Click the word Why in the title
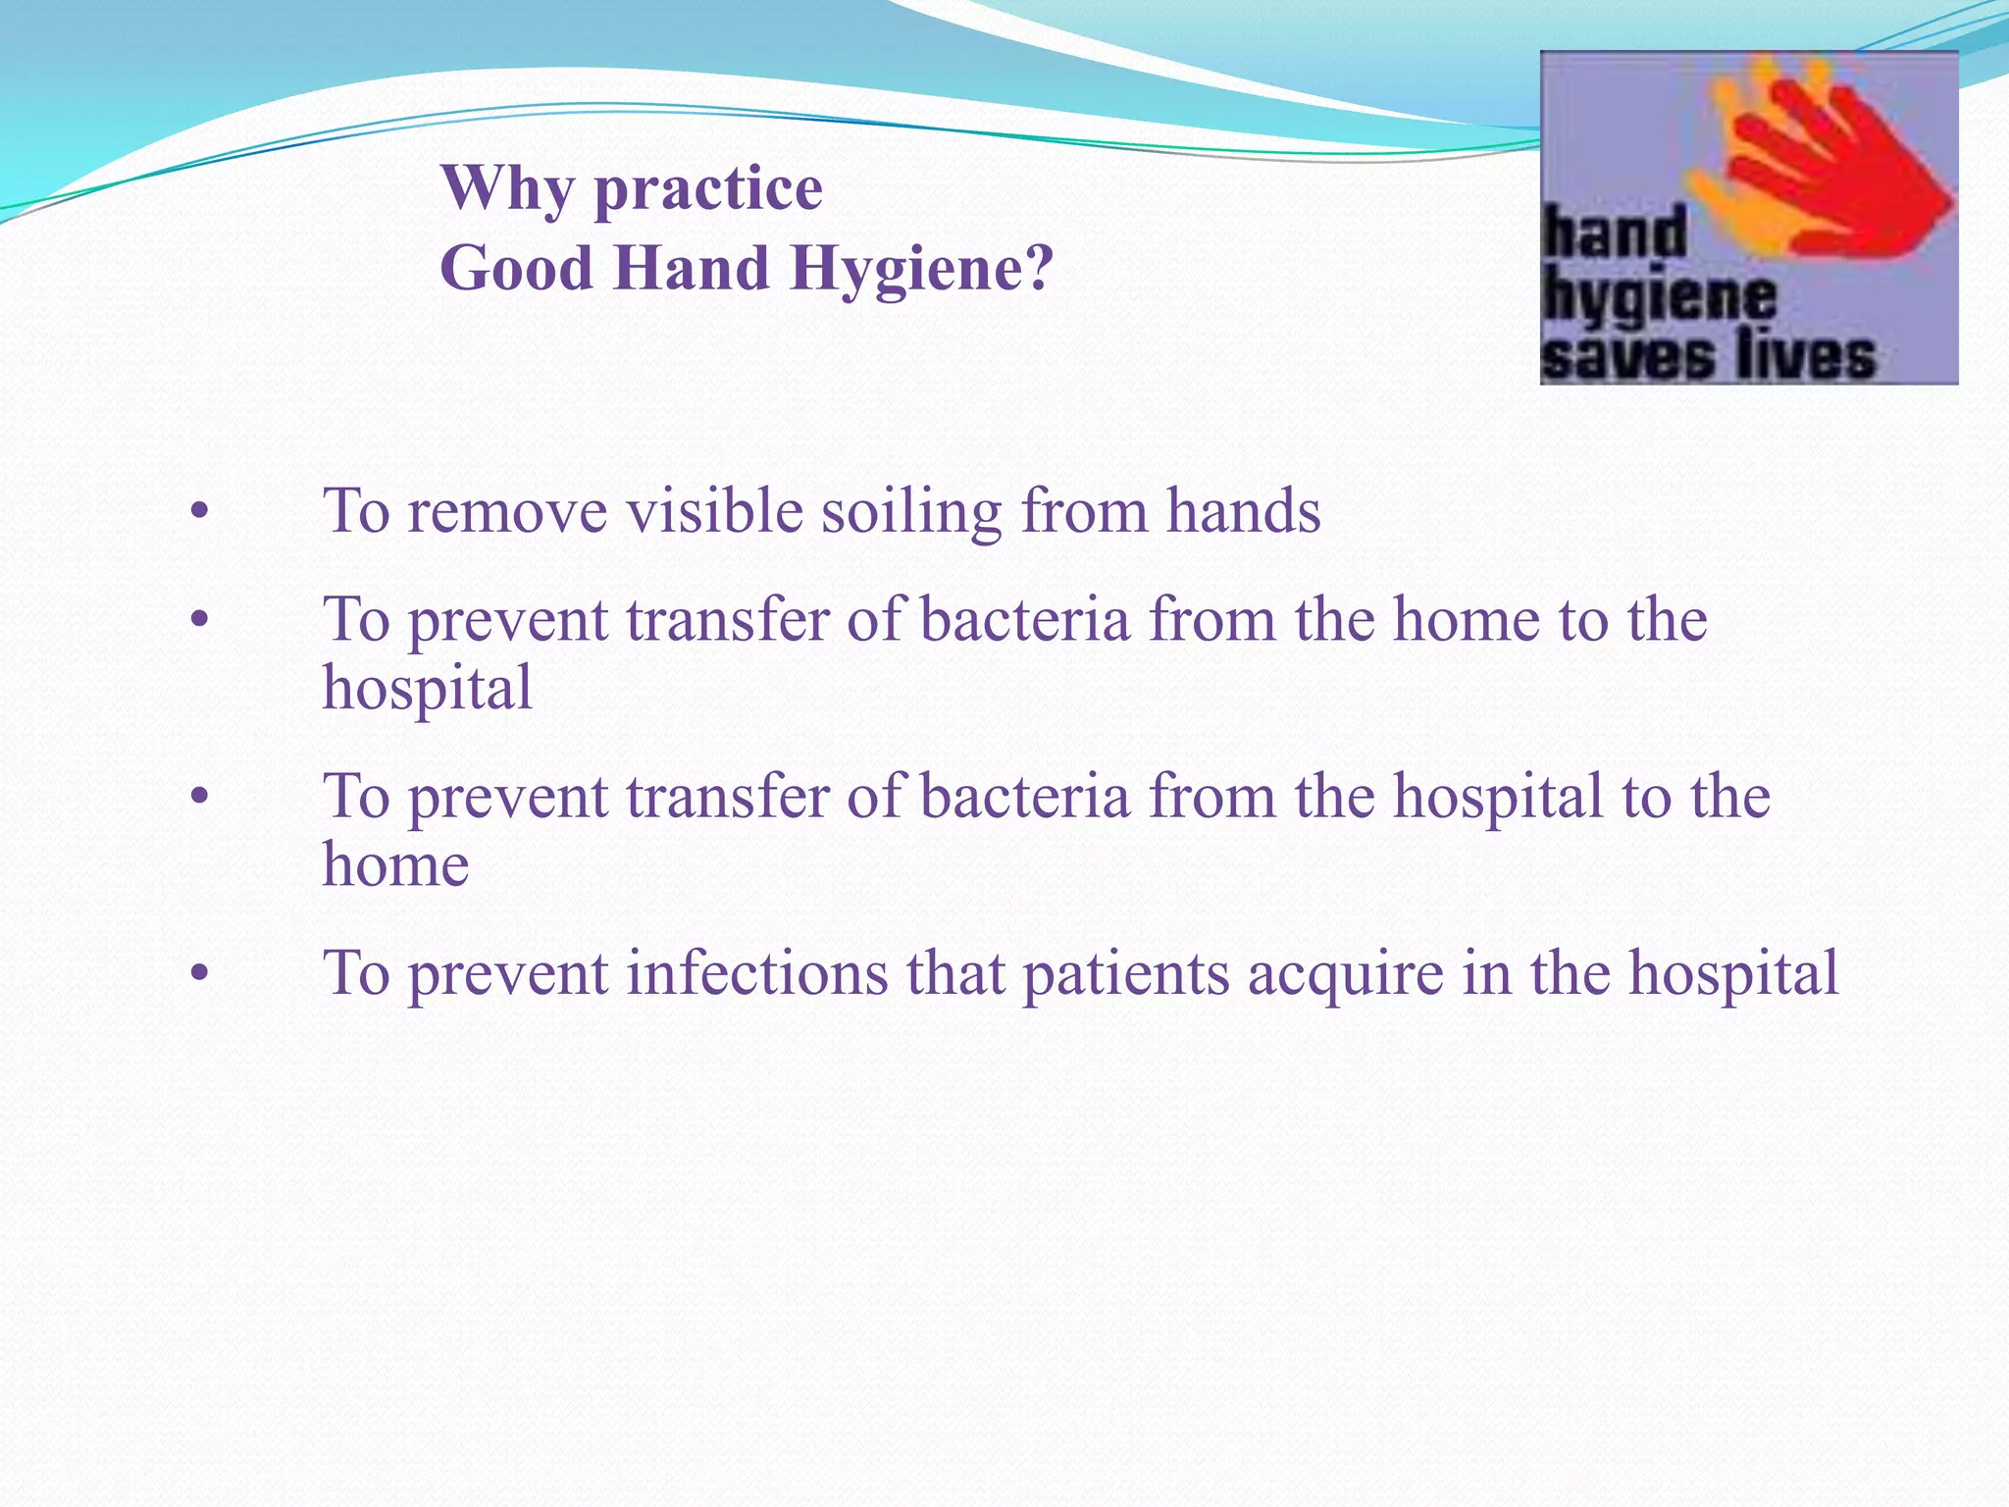[x=508, y=188]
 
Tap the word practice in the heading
[x=708, y=188]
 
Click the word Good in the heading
[x=516, y=268]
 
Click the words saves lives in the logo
[x=1707, y=357]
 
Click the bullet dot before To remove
[x=200, y=512]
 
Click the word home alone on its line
[x=395, y=864]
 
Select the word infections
[x=756, y=973]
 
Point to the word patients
[x=1125, y=973]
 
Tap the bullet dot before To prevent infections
[x=200, y=974]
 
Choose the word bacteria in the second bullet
[x=1024, y=620]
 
